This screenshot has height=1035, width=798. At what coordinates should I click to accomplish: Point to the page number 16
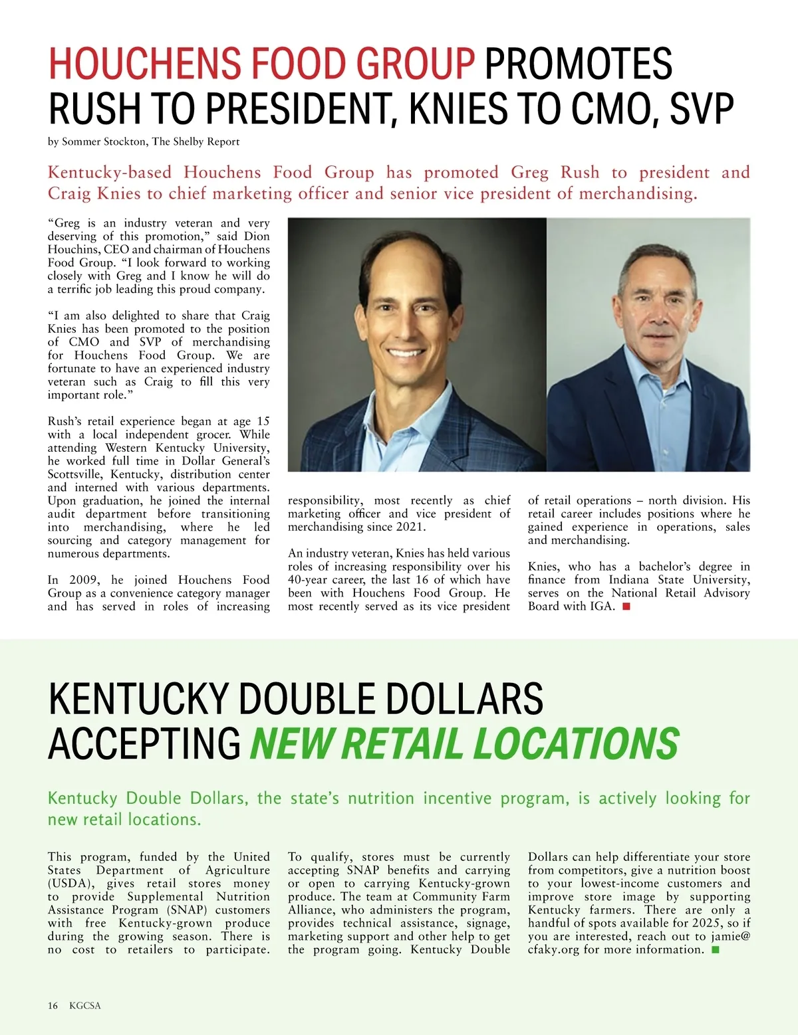(x=53, y=1006)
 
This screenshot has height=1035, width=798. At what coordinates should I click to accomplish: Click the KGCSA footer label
(x=84, y=1006)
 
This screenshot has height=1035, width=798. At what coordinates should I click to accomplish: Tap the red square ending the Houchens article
(x=626, y=607)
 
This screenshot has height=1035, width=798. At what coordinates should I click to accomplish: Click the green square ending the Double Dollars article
(x=716, y=949)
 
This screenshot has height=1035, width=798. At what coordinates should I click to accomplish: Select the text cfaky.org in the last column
(x=554, y=950)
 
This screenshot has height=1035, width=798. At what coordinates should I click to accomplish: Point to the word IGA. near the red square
(x=602, y=607)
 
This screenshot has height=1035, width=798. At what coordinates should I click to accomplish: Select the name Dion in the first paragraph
(x=257, y=236)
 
